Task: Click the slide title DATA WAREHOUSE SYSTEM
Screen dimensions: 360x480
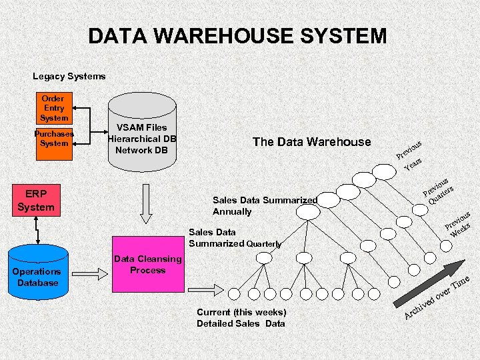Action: click(x=237, y=35)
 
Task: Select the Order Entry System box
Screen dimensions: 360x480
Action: click(x=54, y=108)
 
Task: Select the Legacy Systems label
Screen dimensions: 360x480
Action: click(x=69, y=77)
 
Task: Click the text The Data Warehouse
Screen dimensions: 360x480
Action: click(x=311, y=141)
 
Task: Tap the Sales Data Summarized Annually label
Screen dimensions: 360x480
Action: click(x=264, y=205)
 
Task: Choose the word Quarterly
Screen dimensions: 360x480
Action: click(x=264, y=244)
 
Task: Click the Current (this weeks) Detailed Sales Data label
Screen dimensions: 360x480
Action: click(x=241, y=318)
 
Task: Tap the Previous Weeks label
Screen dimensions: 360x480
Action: click(x=460, y=224)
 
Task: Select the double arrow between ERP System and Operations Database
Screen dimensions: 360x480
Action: click(x=37, y=230)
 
